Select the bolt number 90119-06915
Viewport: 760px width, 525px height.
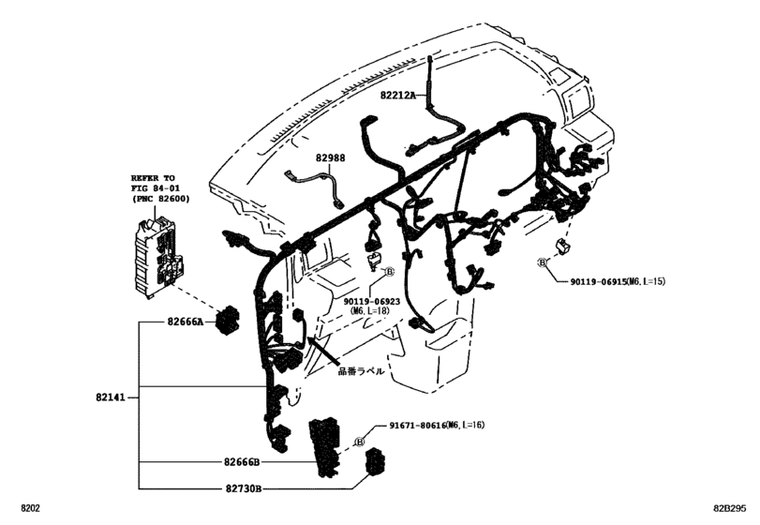606,281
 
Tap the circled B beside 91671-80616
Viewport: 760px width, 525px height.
359,442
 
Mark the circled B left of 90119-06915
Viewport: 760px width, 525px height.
543,263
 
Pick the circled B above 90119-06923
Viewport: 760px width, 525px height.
388,271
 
